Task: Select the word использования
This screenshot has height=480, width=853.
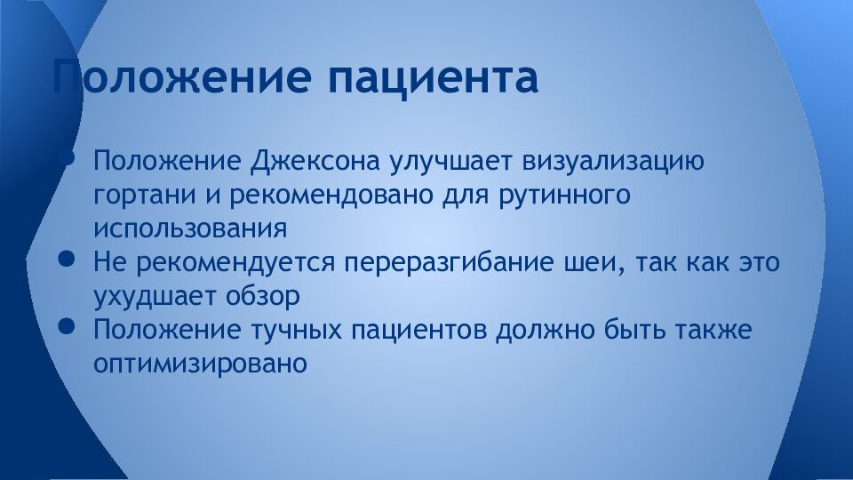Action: click(x=190, y=228)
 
